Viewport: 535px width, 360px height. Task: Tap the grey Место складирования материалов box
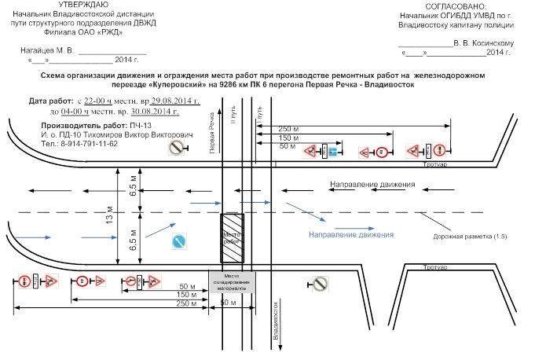click(231, 281)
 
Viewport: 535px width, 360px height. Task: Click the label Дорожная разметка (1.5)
click(471, 236)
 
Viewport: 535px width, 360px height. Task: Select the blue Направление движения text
click(350, 234)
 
